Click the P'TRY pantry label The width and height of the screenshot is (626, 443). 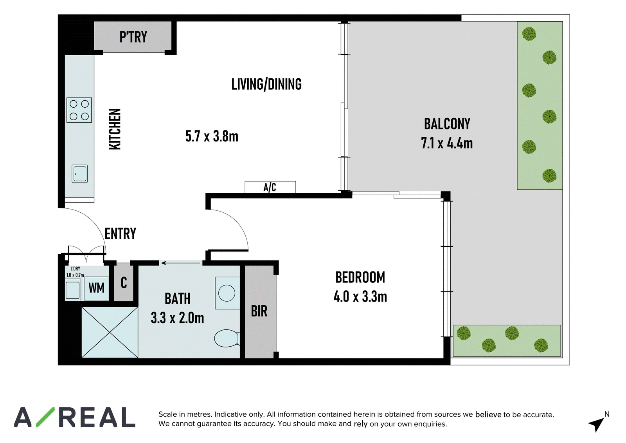pos(133,37)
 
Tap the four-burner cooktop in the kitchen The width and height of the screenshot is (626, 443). pos(79,110)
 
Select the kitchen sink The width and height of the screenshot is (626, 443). pos(80,174)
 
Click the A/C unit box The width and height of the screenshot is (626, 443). pos(270,187)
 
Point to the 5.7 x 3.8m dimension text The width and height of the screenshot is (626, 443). pos(212,136)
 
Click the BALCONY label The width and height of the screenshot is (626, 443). pos(447,124)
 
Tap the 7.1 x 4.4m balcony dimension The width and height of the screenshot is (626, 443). pos(447,143)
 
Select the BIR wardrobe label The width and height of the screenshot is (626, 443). pos(259,311)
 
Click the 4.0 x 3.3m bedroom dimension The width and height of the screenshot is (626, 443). pos(360,297)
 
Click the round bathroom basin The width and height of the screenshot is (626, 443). pos(227,293)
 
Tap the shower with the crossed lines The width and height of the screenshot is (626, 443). pos(110,332)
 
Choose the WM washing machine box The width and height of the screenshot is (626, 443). pos(96,288)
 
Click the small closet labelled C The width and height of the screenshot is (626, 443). pos(124,283)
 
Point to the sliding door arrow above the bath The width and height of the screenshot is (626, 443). pos(181,263)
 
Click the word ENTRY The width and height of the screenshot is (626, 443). pos(120,233)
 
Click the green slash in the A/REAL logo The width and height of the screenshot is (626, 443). pos(45,417)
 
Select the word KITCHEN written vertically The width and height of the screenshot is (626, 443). pos(115,129)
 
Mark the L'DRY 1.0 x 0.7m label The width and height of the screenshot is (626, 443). pos(75,272)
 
